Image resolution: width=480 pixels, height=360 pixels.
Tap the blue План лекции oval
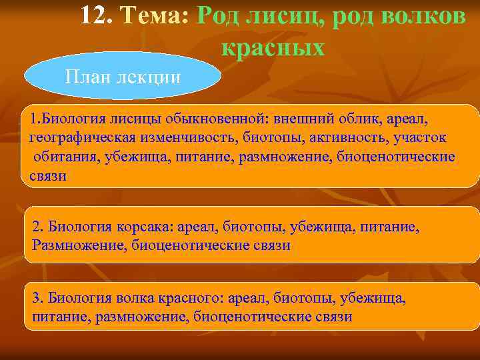coord(123,76)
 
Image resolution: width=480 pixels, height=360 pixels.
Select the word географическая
coord(83,138)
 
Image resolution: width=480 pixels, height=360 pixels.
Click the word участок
coord(421,138)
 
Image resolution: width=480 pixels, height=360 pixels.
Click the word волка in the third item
coord(137,298)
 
